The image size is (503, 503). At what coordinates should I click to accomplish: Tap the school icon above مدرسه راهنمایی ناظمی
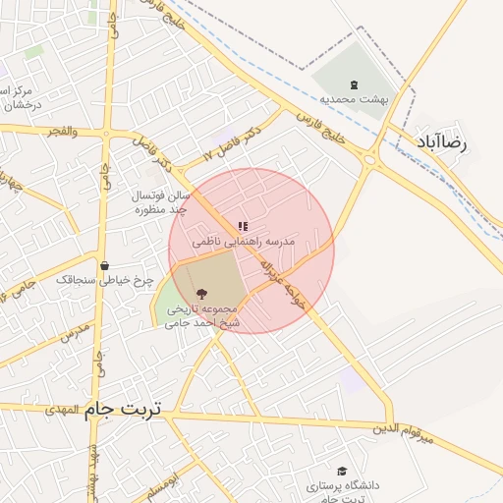click(x=243, y=227)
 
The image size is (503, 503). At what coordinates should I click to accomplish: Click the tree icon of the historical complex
click(x=201, y=293)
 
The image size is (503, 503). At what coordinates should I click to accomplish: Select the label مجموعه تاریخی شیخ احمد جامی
click(x=202, y=315)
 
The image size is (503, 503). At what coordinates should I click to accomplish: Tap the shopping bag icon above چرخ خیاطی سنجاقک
click(x=104, y=265)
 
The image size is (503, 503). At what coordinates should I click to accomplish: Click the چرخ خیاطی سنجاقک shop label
click(x=105, y=281)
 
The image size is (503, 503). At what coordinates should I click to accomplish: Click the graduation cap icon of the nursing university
click(x=342, y=472)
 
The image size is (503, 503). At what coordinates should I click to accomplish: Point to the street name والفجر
click(x=60, y=131)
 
